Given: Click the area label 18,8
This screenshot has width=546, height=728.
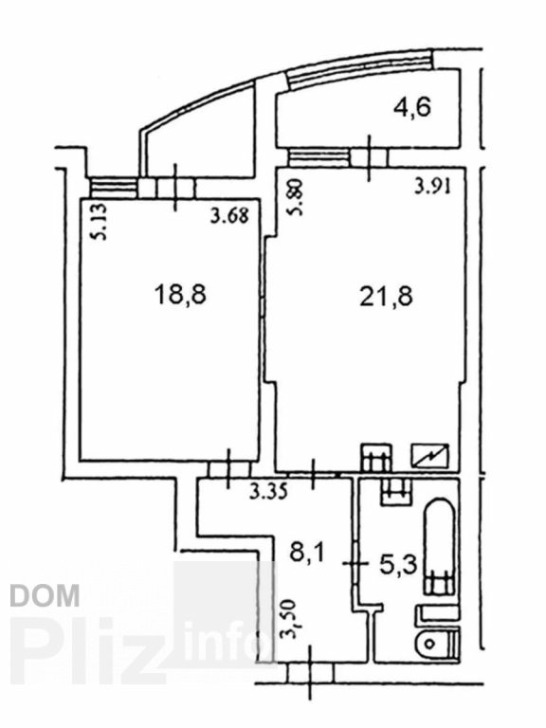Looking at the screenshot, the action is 181,296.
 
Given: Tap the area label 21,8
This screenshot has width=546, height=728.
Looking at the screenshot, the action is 387,297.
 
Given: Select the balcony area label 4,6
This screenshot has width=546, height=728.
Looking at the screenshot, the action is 412,107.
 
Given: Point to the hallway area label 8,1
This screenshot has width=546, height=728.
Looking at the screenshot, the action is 308,554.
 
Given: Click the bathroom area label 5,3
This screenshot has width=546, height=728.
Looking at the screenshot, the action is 398,565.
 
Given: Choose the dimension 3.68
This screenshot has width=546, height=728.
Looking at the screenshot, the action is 229,215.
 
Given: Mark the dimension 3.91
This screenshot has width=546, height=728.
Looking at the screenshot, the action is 432,188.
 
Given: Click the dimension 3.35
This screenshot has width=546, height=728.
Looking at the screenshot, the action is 268,492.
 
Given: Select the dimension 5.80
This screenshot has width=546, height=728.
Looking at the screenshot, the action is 296,197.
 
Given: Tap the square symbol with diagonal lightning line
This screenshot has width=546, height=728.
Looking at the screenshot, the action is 430,455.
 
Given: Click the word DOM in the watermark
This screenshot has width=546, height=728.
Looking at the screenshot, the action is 45,595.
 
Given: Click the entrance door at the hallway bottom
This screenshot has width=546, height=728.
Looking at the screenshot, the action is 310,673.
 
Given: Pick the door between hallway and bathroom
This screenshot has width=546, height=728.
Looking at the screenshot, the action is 355,564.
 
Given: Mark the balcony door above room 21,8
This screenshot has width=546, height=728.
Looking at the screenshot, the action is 369,158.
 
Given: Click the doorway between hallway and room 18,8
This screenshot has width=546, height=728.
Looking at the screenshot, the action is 228,469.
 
